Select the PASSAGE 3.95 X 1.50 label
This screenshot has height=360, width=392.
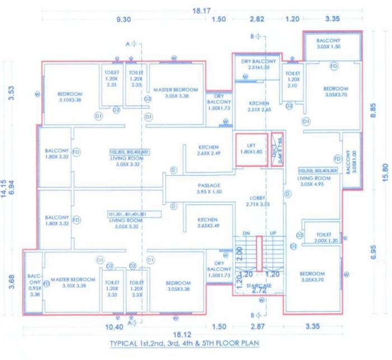(x=209, y=189)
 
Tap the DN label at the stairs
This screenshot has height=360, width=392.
(x=245, y=232)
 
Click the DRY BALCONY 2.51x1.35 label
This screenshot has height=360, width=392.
(x=258, y=64)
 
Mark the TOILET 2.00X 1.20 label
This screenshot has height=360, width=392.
(x=324, y=238)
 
